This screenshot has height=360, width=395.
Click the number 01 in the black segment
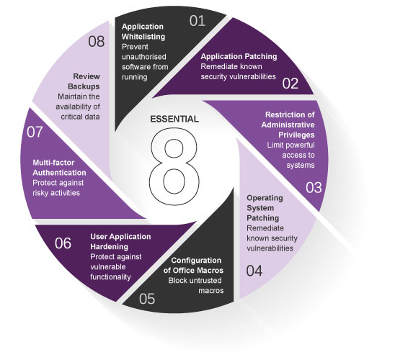tap(197, 21)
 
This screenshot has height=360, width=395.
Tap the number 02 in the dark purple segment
tap(290, 84)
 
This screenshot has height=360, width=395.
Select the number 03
tap(314, 187)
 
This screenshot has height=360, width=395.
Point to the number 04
tap(254, 271)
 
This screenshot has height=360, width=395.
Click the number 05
tap(147, 299)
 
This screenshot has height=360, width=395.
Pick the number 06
tap(63, 243)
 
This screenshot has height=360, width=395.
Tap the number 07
tap(35, 132)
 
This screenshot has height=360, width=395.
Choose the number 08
tap(97, 42)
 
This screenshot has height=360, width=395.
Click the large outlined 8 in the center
tap(174, 166)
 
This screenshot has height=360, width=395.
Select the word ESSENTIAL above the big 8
tap(174, 119)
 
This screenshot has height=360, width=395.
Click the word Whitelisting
tap(143, 37)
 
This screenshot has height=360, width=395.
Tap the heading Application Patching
tap(239, 56)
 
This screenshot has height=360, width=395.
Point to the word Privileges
tap(296, 135)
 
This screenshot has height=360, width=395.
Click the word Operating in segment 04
tap(265, 198)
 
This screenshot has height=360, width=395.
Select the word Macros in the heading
tap(211, 271)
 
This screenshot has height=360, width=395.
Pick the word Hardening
tap(109, 247)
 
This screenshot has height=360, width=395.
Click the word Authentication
tap(59, 173)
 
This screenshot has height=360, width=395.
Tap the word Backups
tap(84, 86)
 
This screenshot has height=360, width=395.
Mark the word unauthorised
tap(144, 57)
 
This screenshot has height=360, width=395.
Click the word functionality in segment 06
tap(110, 277)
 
